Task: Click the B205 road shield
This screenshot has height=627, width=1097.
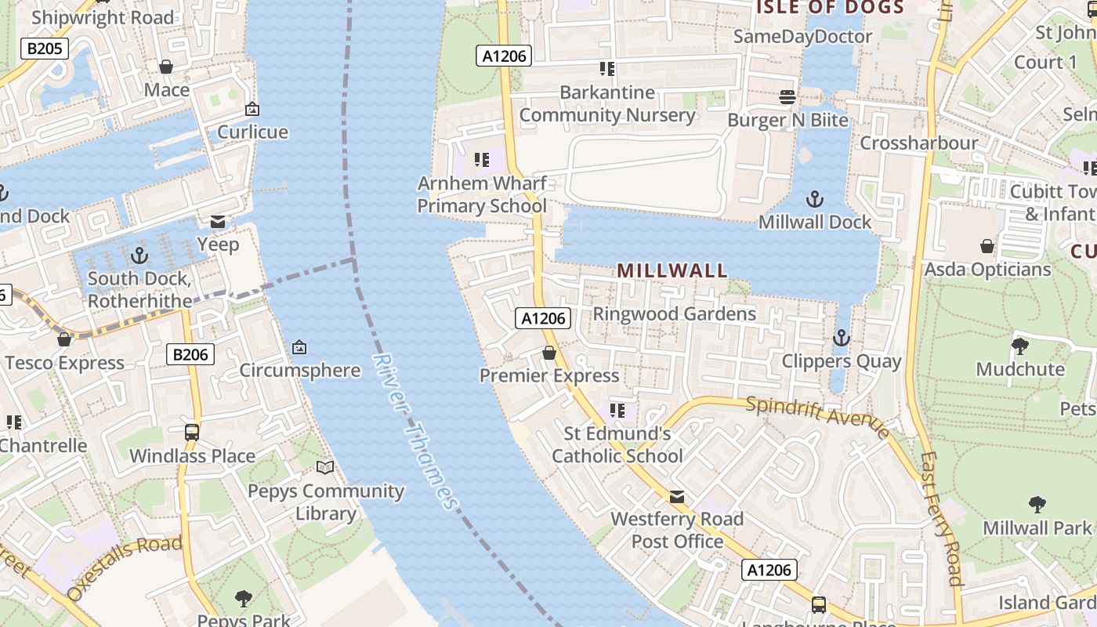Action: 45,49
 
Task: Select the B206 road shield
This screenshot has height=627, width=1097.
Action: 190,355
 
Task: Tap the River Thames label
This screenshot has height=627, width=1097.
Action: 415,432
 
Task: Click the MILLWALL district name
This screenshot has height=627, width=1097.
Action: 672,270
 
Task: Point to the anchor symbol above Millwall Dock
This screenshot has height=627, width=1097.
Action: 815,199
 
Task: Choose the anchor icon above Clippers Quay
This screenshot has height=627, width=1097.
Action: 841,338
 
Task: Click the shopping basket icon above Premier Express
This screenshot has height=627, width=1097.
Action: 549,353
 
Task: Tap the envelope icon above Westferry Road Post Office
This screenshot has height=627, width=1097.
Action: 677,496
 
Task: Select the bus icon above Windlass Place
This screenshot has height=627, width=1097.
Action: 192,432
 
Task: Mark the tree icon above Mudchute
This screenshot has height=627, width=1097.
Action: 1020,346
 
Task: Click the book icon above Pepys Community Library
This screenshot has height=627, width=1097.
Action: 325,468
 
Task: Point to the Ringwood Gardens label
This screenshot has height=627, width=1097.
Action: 675,314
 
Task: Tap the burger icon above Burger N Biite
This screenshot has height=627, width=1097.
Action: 787,97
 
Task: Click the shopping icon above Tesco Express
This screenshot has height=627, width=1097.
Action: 64,339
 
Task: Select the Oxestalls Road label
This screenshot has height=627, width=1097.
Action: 125,567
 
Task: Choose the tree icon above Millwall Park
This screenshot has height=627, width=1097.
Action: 1037,505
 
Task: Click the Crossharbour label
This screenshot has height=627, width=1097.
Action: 919,143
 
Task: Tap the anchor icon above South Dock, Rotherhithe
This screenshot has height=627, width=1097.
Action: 139,256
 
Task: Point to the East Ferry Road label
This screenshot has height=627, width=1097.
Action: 941,517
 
